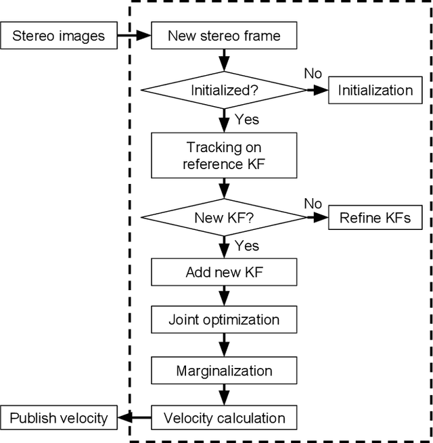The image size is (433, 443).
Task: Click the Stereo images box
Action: [59, 36]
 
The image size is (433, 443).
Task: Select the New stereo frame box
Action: [224, 36]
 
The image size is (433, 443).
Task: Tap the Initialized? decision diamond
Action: [224, 90]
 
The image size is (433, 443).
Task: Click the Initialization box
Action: [379, 90]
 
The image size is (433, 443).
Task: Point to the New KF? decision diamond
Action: [224, 218]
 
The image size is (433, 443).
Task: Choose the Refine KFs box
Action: [374, 218]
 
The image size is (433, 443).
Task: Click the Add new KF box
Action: [224, 273]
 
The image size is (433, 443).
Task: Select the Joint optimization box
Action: [224, 320]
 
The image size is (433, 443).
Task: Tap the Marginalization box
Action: [224, 371]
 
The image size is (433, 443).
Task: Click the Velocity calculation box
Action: [224, 418]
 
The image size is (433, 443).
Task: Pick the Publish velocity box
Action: [59, 418]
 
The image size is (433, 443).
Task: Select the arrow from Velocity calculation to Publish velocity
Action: [133, 418]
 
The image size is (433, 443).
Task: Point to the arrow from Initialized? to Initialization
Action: [317, 90]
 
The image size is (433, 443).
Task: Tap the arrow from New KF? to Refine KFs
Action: [317, 218]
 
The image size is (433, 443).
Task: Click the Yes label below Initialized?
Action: [247, 120]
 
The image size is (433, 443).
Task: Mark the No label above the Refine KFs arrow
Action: [313, 203]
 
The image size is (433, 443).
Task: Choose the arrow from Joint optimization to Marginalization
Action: [224, 346]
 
